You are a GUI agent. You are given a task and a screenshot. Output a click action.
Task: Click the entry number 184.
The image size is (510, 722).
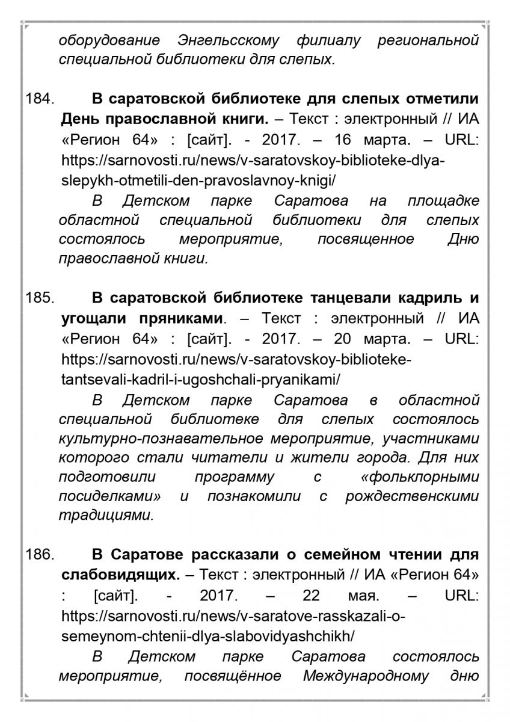coord(40,98)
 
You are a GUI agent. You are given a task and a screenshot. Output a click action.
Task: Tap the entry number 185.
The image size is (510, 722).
coord(40,298)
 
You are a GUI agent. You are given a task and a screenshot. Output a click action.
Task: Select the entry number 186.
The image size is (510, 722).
coord(40,555)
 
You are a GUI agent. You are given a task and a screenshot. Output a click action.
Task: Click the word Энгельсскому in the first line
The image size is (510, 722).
coord(229,40)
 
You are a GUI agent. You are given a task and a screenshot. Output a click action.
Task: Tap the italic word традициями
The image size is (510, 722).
coord(106,516)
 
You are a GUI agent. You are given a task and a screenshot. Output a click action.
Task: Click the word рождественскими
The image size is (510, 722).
coord(412,497)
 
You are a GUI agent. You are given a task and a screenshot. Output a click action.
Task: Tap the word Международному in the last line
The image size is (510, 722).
coord(367,676)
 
